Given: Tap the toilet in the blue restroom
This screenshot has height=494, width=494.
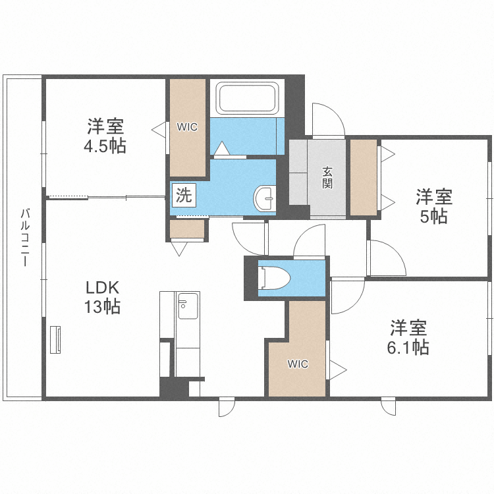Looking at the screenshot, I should click(x=274, y=278).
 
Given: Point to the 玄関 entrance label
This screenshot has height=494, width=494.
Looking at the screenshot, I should click(x=327, y=177).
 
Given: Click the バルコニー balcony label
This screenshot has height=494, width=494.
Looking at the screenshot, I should click(x=24, y=237).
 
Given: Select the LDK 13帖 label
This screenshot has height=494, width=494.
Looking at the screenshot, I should click(x=101, y=296).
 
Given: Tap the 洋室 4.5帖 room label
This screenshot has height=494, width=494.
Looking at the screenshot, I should click(x=105, y=136).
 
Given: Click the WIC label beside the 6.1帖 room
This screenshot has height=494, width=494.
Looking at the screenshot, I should click(x=297, y=364).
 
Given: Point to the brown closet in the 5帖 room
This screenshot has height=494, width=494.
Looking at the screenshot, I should click(x=363, y=177).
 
